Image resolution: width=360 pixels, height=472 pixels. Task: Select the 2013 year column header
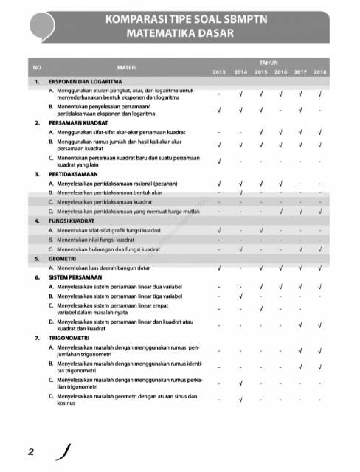pyautogui.click(x=219, y=72)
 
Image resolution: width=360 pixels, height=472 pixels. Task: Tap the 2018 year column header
pyautogui.click(x=319, y=72)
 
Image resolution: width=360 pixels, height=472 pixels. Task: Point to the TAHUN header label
pyautogui.click(x=269, y=63)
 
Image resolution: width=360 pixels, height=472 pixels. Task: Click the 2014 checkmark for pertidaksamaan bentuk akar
pyautogui.click(x=240, y=192)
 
